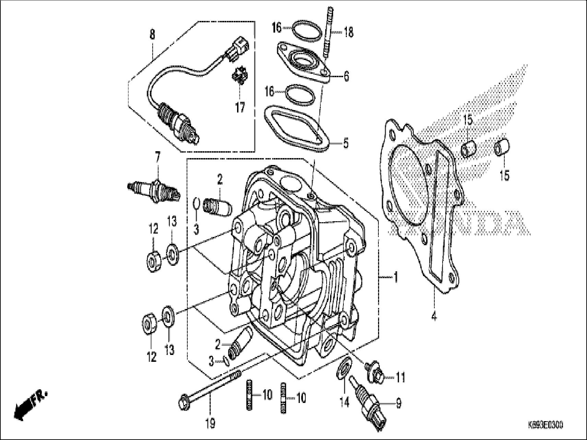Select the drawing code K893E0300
[545, 425]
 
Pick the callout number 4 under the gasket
[434, 316]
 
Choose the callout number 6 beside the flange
[346, 76]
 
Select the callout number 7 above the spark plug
[157, 158]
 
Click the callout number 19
[210, 424]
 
